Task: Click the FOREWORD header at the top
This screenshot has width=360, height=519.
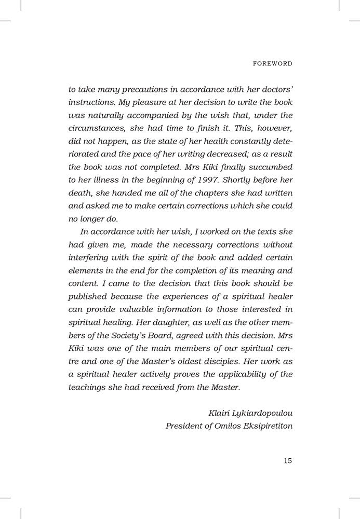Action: (x=272, y=64)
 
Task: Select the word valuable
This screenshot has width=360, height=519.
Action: (x=130, y=310)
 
